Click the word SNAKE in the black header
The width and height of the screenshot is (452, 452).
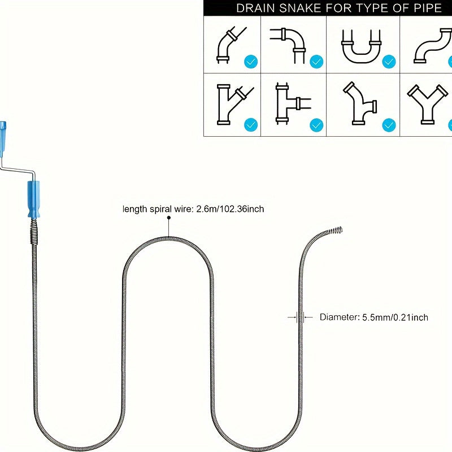click(300, 8)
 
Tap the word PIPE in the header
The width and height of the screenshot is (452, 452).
click(428, 8)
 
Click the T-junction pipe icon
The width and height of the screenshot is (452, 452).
click(293, 103)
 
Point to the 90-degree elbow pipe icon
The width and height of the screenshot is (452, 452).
click(288, 46)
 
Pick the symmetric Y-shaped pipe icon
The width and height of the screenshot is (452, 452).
click(428, 105)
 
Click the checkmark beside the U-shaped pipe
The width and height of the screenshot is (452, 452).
click(389, 62)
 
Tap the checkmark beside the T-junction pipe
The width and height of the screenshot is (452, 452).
click(316, 125)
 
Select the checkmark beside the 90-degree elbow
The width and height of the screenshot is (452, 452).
click(316, 62)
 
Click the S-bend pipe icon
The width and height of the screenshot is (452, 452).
click(433, 46)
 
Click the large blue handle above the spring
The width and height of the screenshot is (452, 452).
click(33, 199)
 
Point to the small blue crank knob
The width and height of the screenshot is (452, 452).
click(3, 139)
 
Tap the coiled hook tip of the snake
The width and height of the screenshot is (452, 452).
click(334, 231)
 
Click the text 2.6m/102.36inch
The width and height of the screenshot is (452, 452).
click(230, 208)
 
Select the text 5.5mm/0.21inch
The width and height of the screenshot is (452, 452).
click(395, 318)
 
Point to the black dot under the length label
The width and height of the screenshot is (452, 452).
click(169, 218)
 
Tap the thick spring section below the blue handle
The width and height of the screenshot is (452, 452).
click(34, 231)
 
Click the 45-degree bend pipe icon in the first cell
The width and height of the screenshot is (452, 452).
click(232, 45)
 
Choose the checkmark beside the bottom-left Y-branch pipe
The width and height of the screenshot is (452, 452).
click(251, 125)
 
